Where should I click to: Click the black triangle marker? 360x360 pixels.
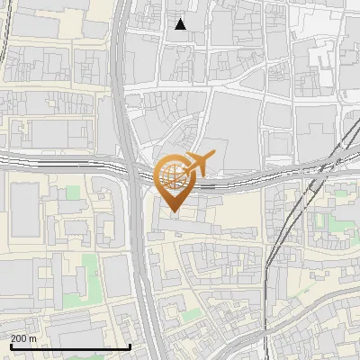[x=181, y=24]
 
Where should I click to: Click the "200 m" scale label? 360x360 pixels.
[x=24, y=337]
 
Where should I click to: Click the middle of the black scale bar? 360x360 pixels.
[x=70, y=346]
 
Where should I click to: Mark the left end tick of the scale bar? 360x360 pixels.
[x=10, y=346]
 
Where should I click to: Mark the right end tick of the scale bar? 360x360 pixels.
[x=130, y=346]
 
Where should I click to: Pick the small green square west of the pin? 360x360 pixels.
[x=72, y=192]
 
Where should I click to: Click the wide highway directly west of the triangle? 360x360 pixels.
[x=118, y=27]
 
